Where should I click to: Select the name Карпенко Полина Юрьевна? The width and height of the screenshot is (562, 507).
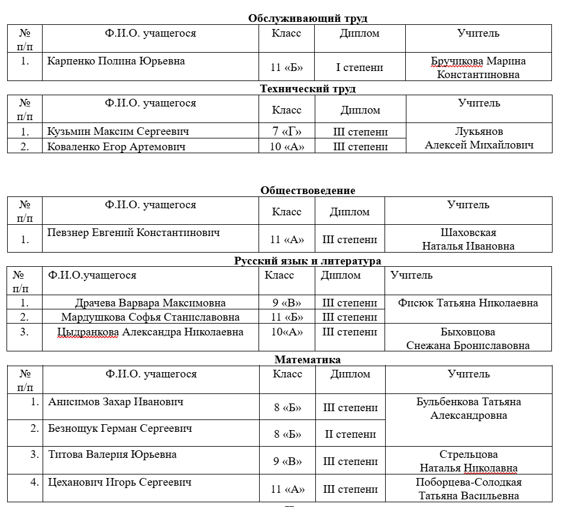pyautogui.click(x=116, y=61)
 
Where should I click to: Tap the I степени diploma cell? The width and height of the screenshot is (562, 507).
pyautogui.click(x=359, y=67)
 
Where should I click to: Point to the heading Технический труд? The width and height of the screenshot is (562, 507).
pyautogui.click(x=308, y=89)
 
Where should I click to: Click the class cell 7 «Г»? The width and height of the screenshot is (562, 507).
pyautogui.click(x=287, y=131)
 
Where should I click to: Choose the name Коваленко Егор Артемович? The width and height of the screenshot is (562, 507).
pyautogui.click(x=116, y=147)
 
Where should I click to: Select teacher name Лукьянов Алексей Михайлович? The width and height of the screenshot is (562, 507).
pyautogui.click(x=479, y=138)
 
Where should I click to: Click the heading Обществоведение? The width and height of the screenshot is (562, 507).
pyautogui.click(x=308, y=190)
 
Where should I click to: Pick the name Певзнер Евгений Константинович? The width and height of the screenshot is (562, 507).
pyautogui.click(x=133, y=232)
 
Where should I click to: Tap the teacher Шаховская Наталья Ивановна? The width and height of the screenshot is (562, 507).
pyautogui.click(x=468, y=239)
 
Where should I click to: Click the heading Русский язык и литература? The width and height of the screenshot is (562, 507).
pyautogui.click(x=308, y=260)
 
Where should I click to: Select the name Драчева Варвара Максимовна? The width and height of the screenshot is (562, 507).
pyautogui.click(x=150, y=303)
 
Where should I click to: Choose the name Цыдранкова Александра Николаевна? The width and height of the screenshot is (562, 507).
pyautogui.click(x=150, y=332)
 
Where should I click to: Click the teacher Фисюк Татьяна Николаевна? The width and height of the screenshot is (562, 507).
pyautogui.click(x=468, y=303)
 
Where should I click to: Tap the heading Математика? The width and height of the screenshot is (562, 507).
pyautogui.click(x=308, y=359)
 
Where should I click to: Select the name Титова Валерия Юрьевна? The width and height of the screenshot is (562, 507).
pyautogui.click(x=112, y=454)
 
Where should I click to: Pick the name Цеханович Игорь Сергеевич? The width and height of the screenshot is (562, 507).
pyautogui.click(x=119, y=482)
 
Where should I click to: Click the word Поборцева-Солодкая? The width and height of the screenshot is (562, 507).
pyautogui.click(x=468, y=482)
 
